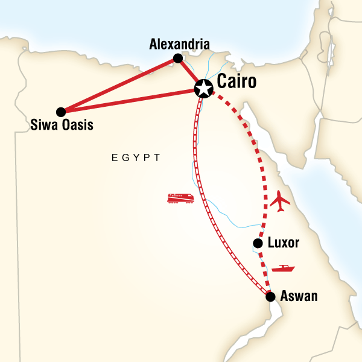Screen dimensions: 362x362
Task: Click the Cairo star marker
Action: click(x=204, y=89)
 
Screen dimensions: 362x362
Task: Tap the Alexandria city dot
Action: click(x=178, y=59)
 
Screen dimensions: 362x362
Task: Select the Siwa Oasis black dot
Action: click(x=60, y=112)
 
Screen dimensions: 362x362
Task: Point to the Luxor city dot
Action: click(x=258, y=244)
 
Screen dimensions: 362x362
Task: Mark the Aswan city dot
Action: click(x=270, y=296)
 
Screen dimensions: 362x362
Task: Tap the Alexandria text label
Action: click(x=180, y=44)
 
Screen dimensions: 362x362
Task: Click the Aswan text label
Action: click(x=299, y=297)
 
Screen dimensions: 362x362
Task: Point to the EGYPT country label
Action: click(x=136, y=158)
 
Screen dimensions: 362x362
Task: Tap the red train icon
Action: click(x=180, y=198)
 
